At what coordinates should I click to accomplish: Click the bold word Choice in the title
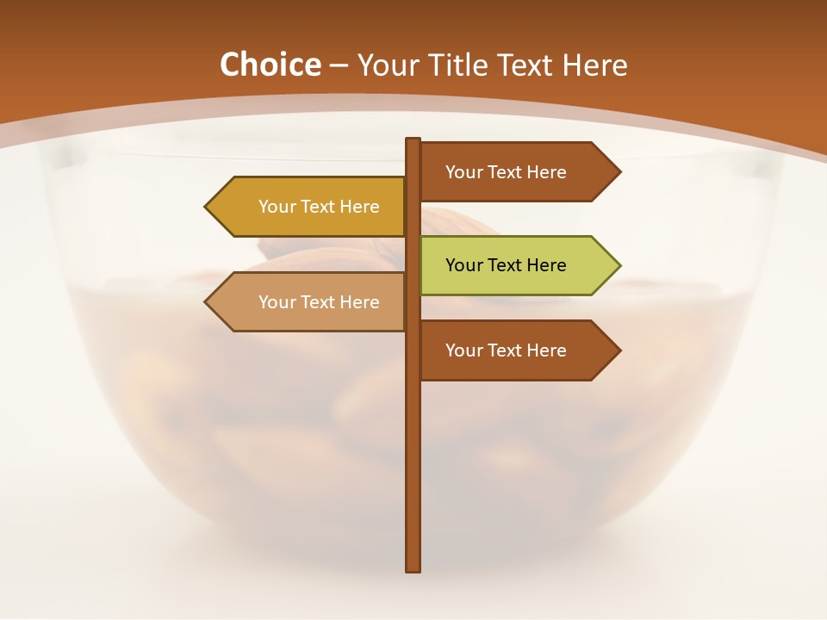pyautogui.click(x=270, y=65)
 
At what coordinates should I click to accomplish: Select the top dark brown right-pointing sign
pyautogui.click(x=508, y=172)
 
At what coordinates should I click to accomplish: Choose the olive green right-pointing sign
pyautogui.click(x=508, y=265)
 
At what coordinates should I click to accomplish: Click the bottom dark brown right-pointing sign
pyautogui.click(x=508, y=350)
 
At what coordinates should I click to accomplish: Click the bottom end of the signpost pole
pyautogui.click(x=413, y=567)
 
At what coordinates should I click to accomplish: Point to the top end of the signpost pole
pyautogui.click(x=413, y=141)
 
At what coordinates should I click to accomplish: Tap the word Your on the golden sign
pyautogui.click(x=277, y=207)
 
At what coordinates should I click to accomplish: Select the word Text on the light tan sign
pyautogui.click(x=318, y=302)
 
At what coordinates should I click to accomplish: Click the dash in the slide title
pyautogui.click(x=339, y=65)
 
